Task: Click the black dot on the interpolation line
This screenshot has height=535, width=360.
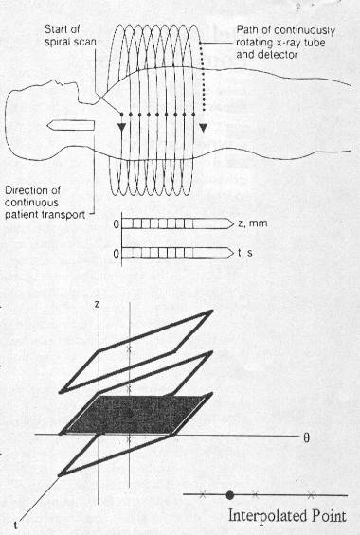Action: pyautogui.click(x=230, y=494)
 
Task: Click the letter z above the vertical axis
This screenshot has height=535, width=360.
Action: pyautogui.click(x=98, y=304)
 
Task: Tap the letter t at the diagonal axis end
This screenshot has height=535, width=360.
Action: pyautogui.click(x=16, y=522)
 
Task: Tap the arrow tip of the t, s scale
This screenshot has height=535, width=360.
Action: pyautogui.click(x=234, y=253)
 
